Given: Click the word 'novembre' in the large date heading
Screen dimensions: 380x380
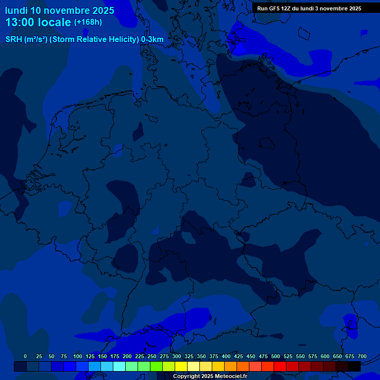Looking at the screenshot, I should tap(68, 10).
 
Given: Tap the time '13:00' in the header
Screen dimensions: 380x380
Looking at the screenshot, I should tap(20, 22).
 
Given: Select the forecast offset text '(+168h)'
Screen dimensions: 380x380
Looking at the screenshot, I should tap(88, 22).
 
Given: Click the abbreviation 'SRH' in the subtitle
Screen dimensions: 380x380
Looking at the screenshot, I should tap(14, 40).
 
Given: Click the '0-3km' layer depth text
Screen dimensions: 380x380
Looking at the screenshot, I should tap(152, 40).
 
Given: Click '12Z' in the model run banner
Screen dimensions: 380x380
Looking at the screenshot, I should tap(287, 8).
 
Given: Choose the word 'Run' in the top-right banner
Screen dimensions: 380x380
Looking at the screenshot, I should tap(262, 8).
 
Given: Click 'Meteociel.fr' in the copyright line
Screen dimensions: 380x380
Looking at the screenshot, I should tap(228, 377).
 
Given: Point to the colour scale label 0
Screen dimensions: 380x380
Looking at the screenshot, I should tap(25, 357).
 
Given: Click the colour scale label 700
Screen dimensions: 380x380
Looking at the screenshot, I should tap(362, 357).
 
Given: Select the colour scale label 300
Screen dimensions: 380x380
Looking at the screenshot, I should tap(177, 357).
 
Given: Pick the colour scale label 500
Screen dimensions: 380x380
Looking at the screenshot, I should tap(276, 357).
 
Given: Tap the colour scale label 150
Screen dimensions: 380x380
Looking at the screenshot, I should tap(102, 357).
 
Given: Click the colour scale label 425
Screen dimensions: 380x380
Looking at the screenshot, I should tap(238, 357).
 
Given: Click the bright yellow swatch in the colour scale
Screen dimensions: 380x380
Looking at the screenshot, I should tap(181, 367).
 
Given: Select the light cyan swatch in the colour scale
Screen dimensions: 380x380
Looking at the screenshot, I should tap(119, 367).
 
